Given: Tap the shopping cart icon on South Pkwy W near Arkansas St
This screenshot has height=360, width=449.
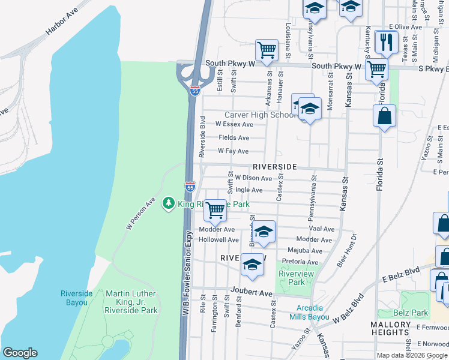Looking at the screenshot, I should pos(267,49).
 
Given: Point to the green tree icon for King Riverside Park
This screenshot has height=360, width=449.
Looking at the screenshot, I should pos(169,204).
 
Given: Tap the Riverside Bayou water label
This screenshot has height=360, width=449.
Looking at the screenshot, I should pos(76,298).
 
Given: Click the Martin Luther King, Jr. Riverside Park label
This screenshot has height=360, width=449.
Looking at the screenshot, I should pos(131,302).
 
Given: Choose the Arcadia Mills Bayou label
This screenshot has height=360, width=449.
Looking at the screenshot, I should pos(309,312).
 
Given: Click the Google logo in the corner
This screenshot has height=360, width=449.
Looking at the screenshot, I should pos(20,353).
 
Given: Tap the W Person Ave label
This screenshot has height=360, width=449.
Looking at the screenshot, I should pos(140,214).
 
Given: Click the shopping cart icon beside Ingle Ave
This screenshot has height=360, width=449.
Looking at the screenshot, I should pos(215,210).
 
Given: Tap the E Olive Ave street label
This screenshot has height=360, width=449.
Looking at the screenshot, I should pos(406,27).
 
